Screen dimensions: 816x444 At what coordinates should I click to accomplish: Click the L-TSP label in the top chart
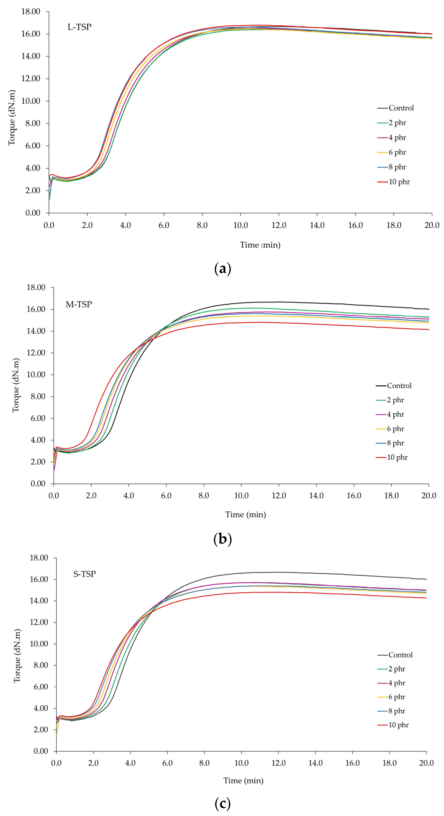pos(79,27)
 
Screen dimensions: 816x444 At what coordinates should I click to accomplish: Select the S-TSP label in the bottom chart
pos(85,574)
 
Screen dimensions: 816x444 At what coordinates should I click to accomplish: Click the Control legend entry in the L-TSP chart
pos(401,108)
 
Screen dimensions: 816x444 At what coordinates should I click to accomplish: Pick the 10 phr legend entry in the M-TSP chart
pos(397,457)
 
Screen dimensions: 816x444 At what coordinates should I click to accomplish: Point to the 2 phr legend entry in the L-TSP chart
pos(397,123)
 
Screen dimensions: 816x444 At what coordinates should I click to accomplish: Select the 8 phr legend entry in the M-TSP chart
pos(395,443)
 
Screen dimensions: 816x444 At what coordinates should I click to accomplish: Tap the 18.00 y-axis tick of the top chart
pos(31,12)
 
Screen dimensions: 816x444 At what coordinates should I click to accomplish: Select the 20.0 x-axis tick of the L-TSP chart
pos(432,225)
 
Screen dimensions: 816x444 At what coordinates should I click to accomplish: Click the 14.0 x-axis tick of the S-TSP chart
pos(315,763)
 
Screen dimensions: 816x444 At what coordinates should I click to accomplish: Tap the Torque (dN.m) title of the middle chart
pos(16,385)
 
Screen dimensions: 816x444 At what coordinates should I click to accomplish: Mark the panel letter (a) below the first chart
pos(223,269)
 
